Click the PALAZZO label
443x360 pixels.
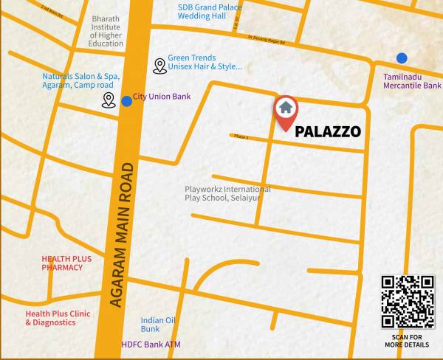click(328, 133)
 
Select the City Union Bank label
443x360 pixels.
click(162, 97)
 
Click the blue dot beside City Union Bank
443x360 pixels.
click(127, 100)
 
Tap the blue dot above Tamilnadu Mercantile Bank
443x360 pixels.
click(402, 58)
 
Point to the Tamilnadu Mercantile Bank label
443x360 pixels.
click(412, 81)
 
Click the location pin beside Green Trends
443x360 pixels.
click(159, 66)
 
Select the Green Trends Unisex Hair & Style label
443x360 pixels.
click(205, 62)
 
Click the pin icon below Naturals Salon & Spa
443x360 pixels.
click(109, 100)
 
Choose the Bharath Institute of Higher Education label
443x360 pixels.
click(106, 31)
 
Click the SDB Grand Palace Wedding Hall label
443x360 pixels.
click(210, 12)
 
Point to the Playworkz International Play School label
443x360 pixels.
click(227, 193)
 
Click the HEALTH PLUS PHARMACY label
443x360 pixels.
click(66, 263)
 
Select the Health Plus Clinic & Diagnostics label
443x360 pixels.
click(58, 318)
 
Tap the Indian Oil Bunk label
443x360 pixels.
click(158, 324)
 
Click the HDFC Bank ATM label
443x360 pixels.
click(151, 345)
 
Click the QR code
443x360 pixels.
click(408, 301)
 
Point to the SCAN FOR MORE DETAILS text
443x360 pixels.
click(408, 342)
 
